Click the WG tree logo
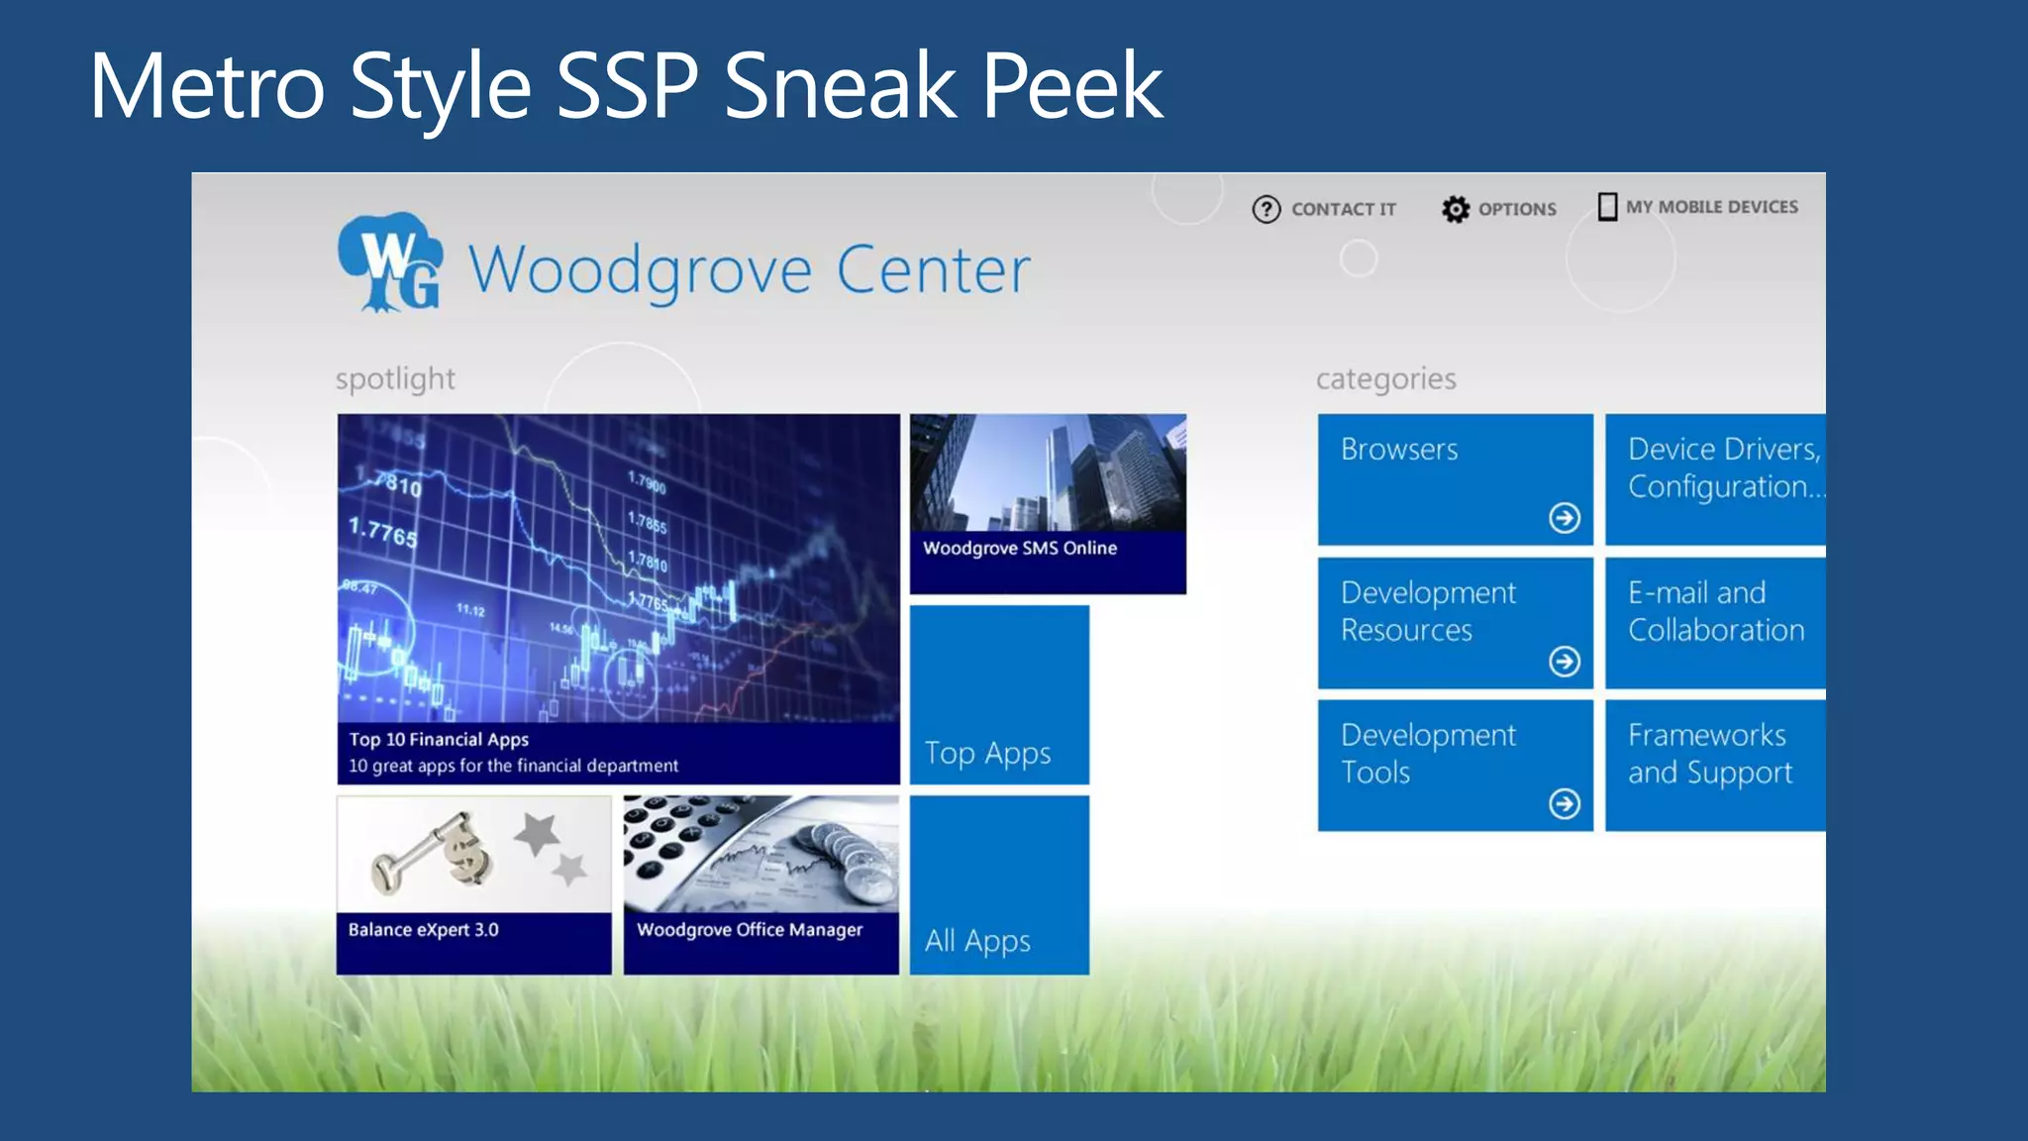click(390, 262)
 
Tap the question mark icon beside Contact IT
click(1266, 209)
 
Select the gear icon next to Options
click(1455, 209)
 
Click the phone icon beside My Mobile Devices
click(1607, 206)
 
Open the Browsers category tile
click(1454, 478)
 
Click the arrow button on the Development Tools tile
click(1564, 803)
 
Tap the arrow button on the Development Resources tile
click(1564, 661)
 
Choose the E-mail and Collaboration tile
click(1715, 622)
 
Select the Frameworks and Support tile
click(1715, 765)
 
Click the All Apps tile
click(998, 884)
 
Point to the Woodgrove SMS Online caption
click(1020, 549)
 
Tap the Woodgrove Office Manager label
click(750, 930)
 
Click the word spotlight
click(395, 378)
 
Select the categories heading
click(1385, 378)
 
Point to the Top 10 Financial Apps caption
click(439, 739)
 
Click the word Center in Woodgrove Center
click(933, 269)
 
